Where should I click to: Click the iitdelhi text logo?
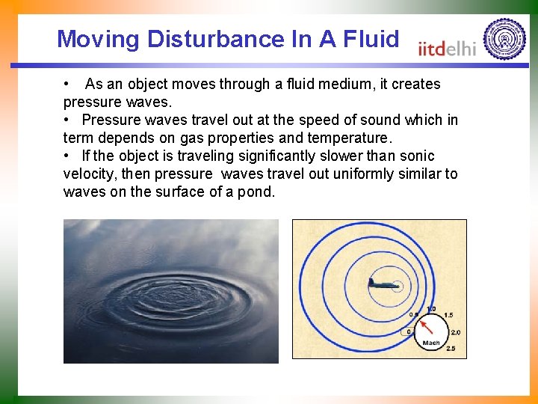(x=447, y=49)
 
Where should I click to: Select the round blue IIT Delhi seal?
(x=504, y=39)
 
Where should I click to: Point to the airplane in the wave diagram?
(x=382, y=284)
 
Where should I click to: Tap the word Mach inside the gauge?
(x=431, y=343)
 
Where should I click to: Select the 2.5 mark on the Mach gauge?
(x=450, y=349)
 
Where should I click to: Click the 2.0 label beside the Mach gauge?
(x=456, y=332)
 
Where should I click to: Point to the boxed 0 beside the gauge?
(x=407, y=331)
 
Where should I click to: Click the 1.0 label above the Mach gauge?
(x=431, y=308)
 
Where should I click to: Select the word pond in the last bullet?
(x=256, y=192)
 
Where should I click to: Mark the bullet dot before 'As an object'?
(x=67, y=84)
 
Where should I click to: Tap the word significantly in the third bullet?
(x=284, y=156)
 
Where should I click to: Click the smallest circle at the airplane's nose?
(x=397, y=285)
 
